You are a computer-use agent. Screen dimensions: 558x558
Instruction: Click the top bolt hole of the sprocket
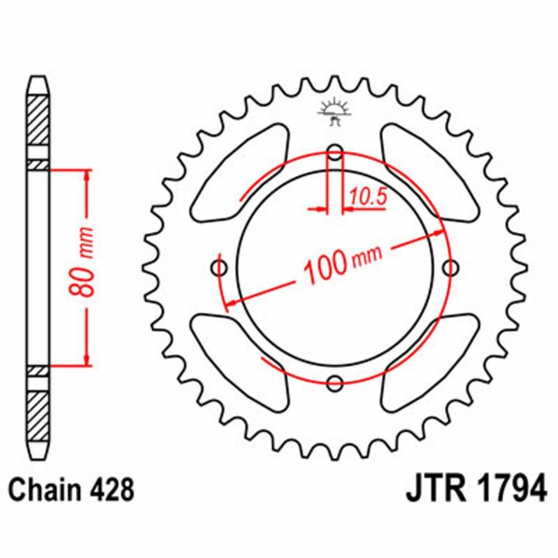(x=335, y=153)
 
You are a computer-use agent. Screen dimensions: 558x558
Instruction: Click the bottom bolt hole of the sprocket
(x=335, y=384)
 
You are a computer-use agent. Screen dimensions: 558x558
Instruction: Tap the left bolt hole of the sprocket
(x=219, y=267)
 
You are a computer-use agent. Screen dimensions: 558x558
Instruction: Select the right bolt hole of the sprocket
(x=450, y=267)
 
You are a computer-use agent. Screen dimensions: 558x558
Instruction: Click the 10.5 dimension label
(x=368, y=197)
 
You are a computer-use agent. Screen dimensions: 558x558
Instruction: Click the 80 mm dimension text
(x=81, y=262)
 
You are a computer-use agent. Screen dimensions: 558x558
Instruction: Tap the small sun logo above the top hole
(x=335, y=112)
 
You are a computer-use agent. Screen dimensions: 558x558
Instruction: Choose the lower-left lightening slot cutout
(x=240, y=363)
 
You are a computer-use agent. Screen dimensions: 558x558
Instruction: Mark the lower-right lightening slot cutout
(x=429, y=363)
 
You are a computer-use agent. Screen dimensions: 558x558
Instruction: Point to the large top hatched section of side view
(x=38, y=120)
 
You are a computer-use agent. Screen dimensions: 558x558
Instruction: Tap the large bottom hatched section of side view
(x=38, y=416)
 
